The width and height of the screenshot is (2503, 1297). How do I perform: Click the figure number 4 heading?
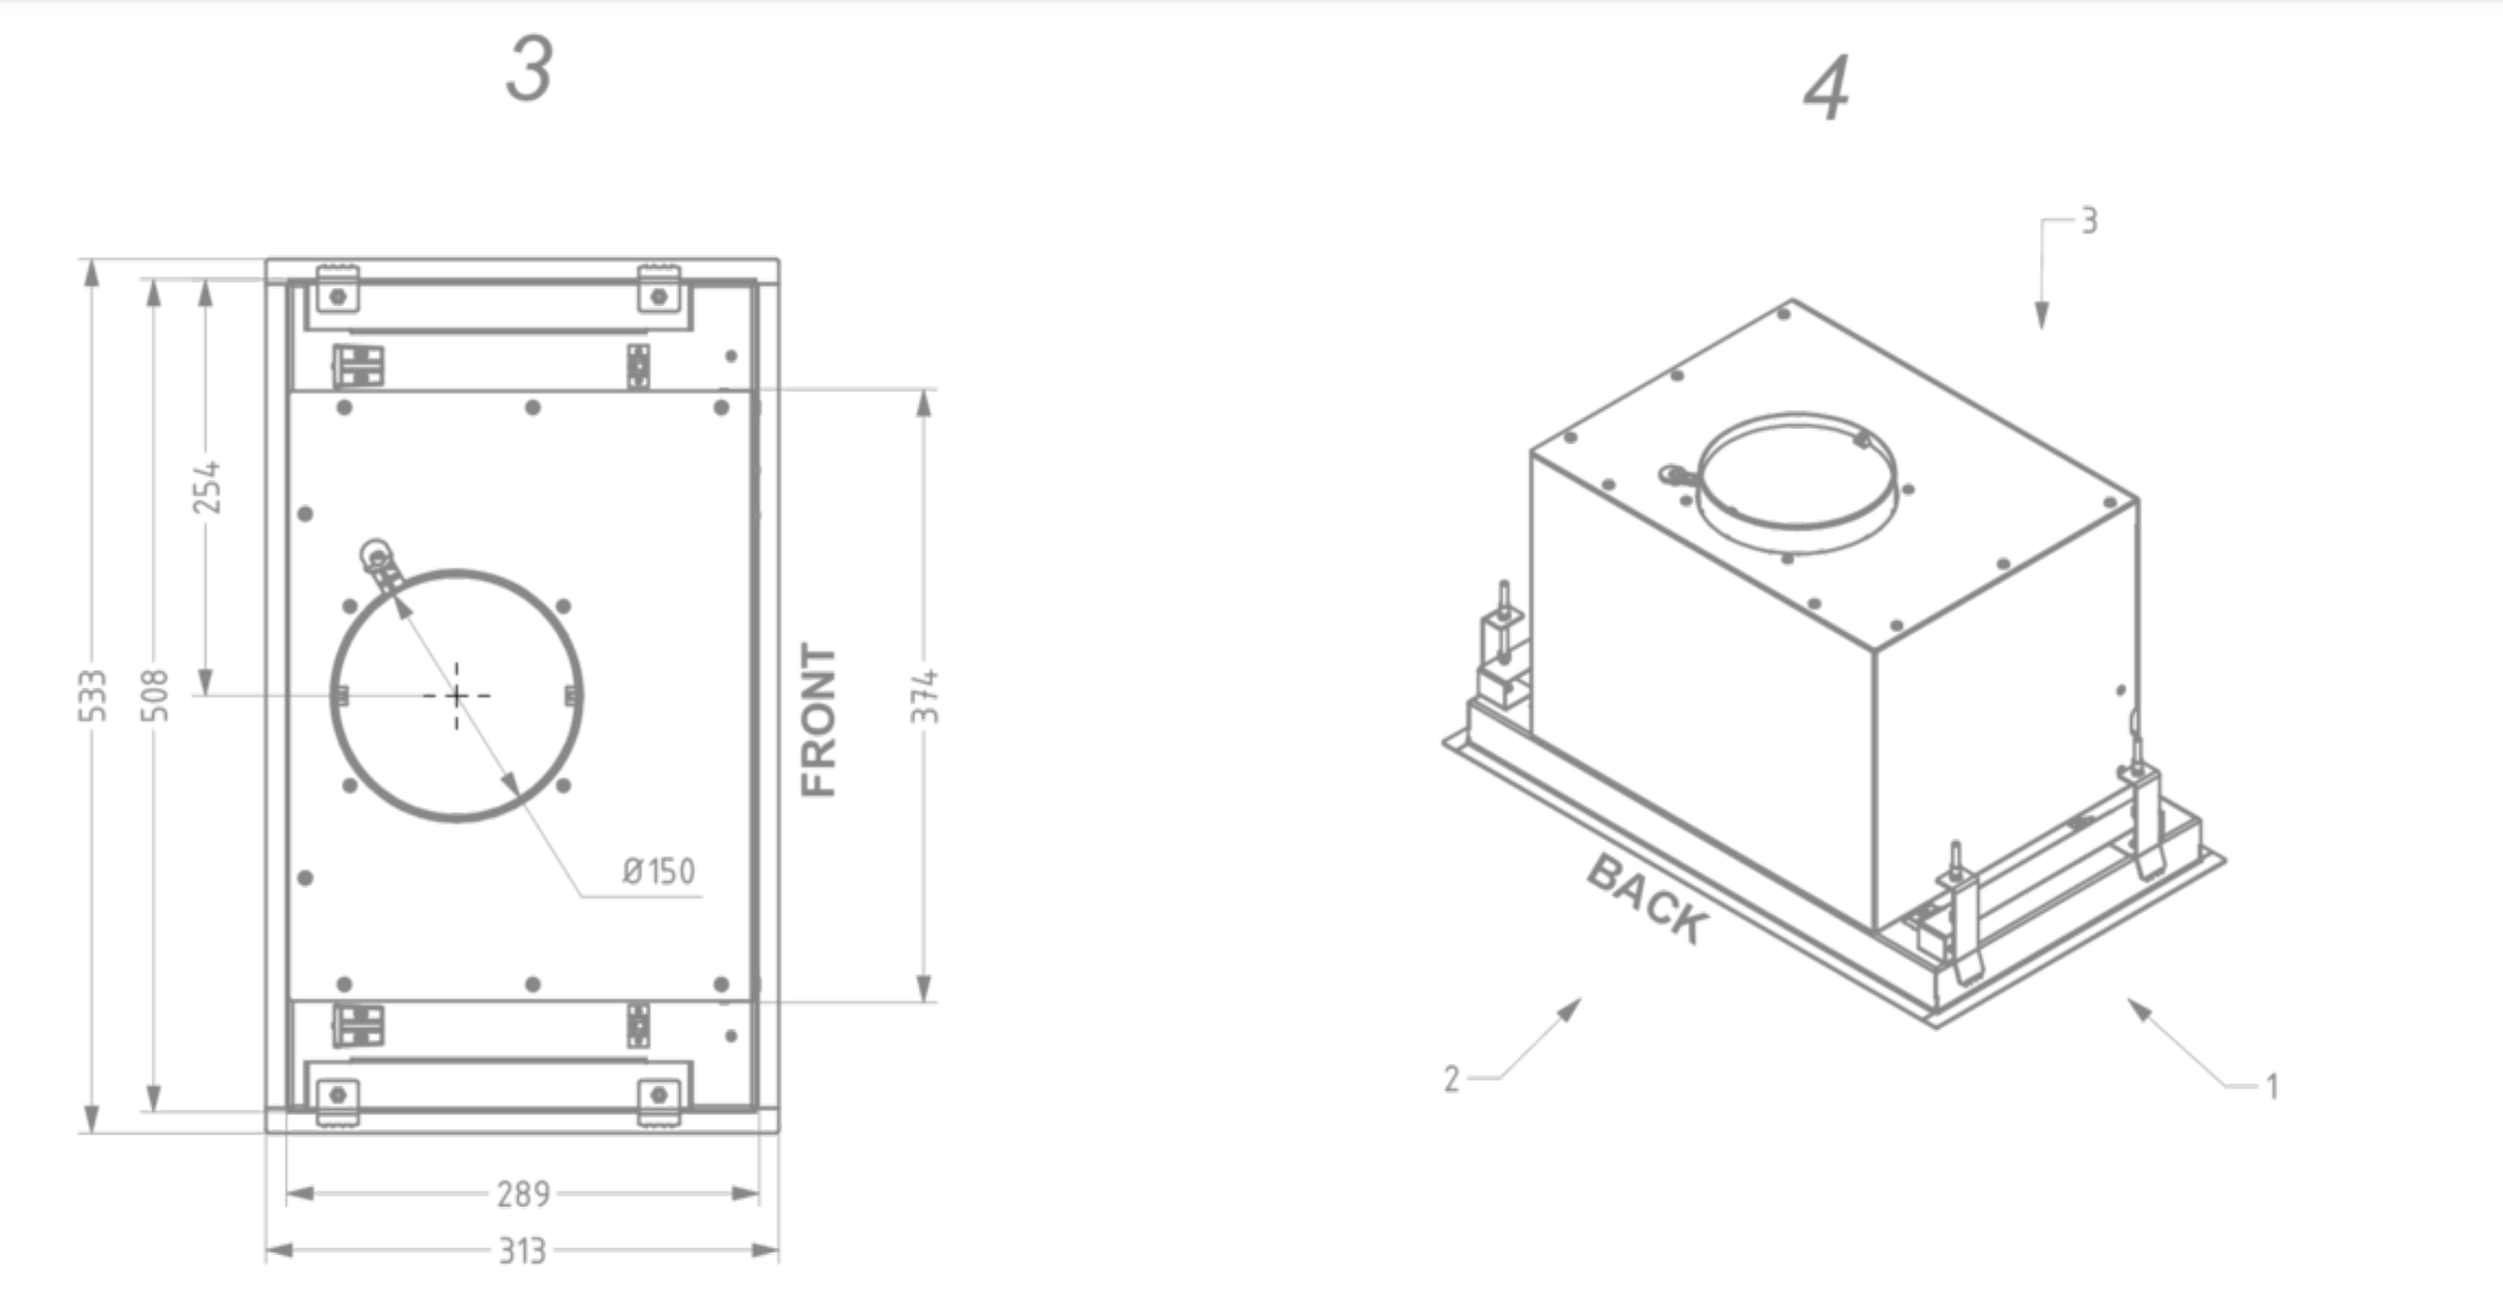pos(1826,89)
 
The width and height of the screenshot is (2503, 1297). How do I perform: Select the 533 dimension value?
pos(92,695)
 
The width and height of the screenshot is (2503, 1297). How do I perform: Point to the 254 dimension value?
pos(206,488)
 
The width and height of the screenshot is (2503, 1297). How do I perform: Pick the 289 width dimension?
pos(523,1193)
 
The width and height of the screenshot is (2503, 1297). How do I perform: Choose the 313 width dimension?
pos(523,1250)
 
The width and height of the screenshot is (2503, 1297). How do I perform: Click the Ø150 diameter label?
pos(659,871)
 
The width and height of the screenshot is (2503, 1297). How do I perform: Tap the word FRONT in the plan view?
pos(818,719)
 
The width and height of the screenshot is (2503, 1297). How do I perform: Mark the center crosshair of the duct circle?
pos(456,695)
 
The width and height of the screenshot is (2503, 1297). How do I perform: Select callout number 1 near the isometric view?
pos(2271,1086)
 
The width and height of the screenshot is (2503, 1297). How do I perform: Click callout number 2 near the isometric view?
pos(1451,1078)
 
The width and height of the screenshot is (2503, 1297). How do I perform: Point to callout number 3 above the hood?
pos(2089,221)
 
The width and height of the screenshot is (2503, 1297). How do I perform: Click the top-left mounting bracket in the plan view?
pos(337,289)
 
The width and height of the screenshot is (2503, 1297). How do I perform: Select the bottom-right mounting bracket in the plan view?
pos(659,1100)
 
